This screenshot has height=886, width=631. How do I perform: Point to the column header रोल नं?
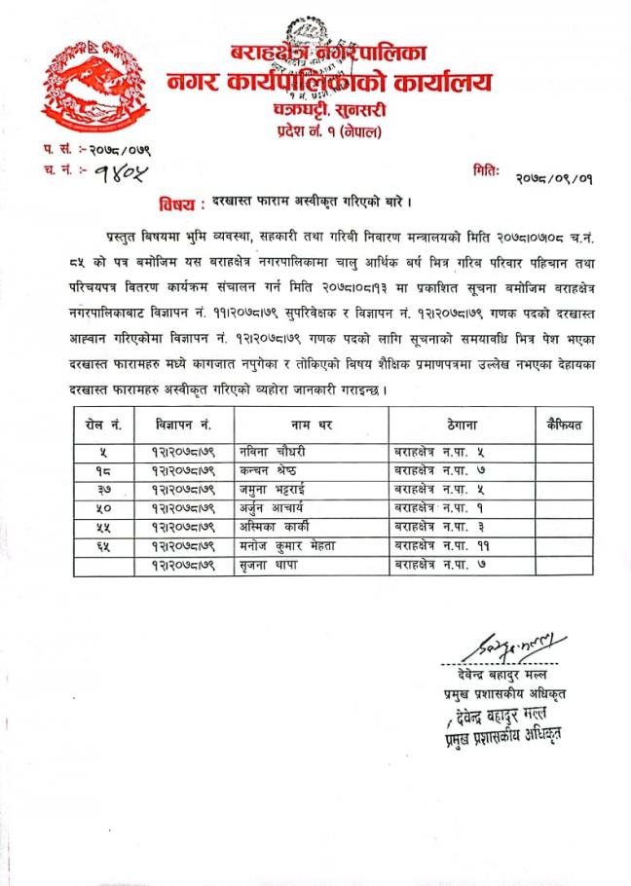[104, 426]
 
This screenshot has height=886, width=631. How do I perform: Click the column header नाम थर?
[312, 426]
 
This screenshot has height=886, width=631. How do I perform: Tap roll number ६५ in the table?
[104, 546]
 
